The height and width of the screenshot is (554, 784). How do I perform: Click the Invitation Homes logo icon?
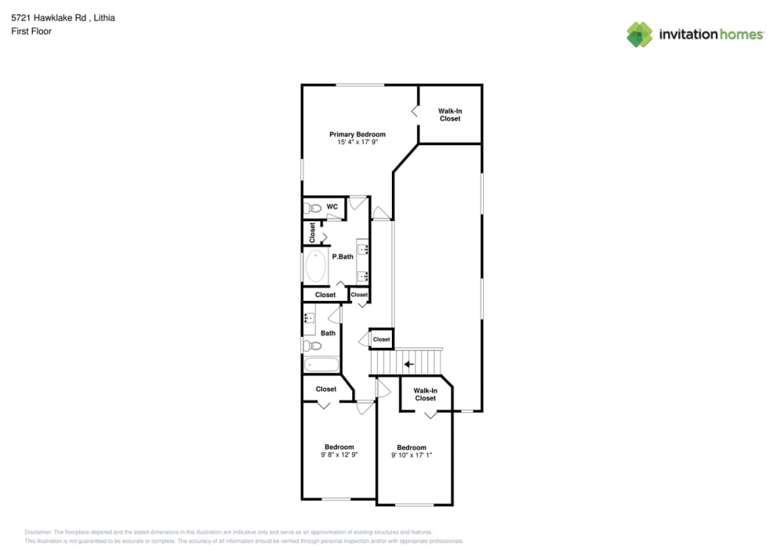click(x=639, y=34)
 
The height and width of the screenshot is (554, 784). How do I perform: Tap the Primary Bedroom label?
click(x=357, y=135)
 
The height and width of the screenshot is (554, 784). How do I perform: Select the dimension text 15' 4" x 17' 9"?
click(x=357, y=143)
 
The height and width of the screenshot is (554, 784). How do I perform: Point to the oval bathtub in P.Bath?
click(x=316, y=266)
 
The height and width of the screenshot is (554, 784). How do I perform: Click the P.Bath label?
click(x=343, y=256)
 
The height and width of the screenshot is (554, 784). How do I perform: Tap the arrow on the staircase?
click(x=408, y=364)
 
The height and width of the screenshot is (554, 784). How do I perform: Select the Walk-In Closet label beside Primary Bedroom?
click(x=449, y=115)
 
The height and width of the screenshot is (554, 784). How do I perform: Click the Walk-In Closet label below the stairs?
click(x=425, y=394)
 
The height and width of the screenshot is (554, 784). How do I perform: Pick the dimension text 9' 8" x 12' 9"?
click(x=339, y=454)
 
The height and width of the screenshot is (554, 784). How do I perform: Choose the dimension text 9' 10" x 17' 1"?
click(x=412, y=455)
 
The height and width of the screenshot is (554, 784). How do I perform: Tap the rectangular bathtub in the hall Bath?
click(x=321, y=364)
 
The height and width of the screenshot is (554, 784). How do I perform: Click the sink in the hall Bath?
click(x=309, y=319)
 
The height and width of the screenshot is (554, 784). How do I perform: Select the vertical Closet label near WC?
click(x=312, y=232)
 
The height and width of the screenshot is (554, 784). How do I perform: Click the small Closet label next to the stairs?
click(x=381, y=339)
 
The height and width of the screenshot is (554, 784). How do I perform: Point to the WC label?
click(x=332, y=207)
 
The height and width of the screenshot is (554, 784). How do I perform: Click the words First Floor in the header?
click(x=31, y=31)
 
